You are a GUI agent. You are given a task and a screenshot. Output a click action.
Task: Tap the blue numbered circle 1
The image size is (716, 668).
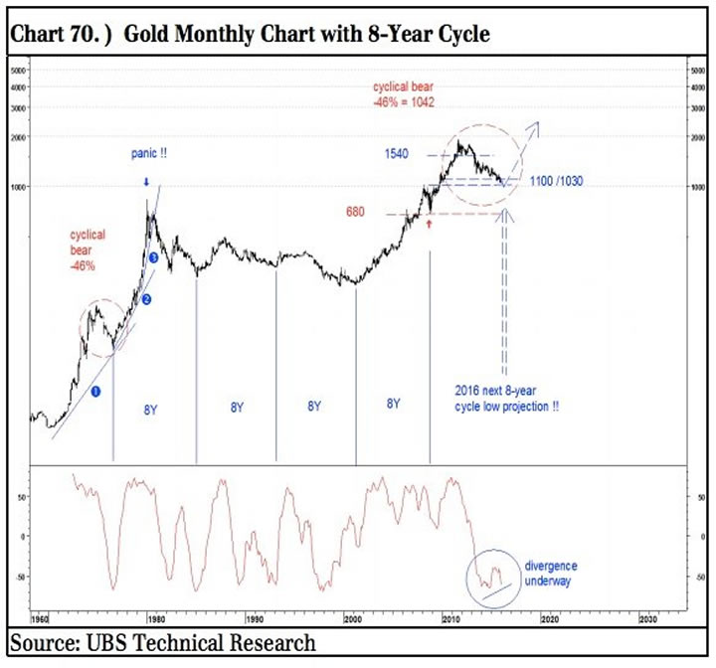(96, 392)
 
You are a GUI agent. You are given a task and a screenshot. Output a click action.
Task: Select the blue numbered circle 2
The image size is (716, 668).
(146, 299)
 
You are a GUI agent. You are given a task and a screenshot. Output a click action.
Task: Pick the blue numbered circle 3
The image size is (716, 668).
(154, 257)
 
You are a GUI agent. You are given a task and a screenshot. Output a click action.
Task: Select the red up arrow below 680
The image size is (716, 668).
(429, 225)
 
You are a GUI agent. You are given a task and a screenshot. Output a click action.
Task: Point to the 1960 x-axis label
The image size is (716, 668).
(41, 617)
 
